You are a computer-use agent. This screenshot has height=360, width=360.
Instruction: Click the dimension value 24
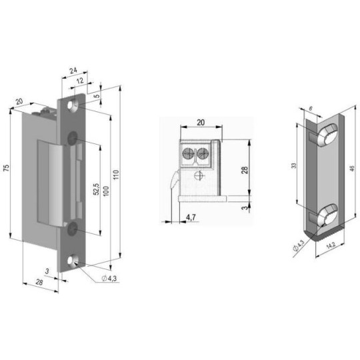pyautogui.click(x=73, y=69)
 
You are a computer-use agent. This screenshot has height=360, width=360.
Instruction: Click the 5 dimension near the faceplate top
pyautogui.click(x=97, y=97)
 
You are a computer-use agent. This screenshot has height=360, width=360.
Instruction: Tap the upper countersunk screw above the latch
pyautogui.click(x=71, y=137)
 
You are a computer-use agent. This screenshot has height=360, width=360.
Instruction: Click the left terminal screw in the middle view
pyautogui.click(x=187, y=154)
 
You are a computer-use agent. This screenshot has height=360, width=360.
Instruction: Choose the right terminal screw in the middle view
pyautogui.click(x=203, y=154)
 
